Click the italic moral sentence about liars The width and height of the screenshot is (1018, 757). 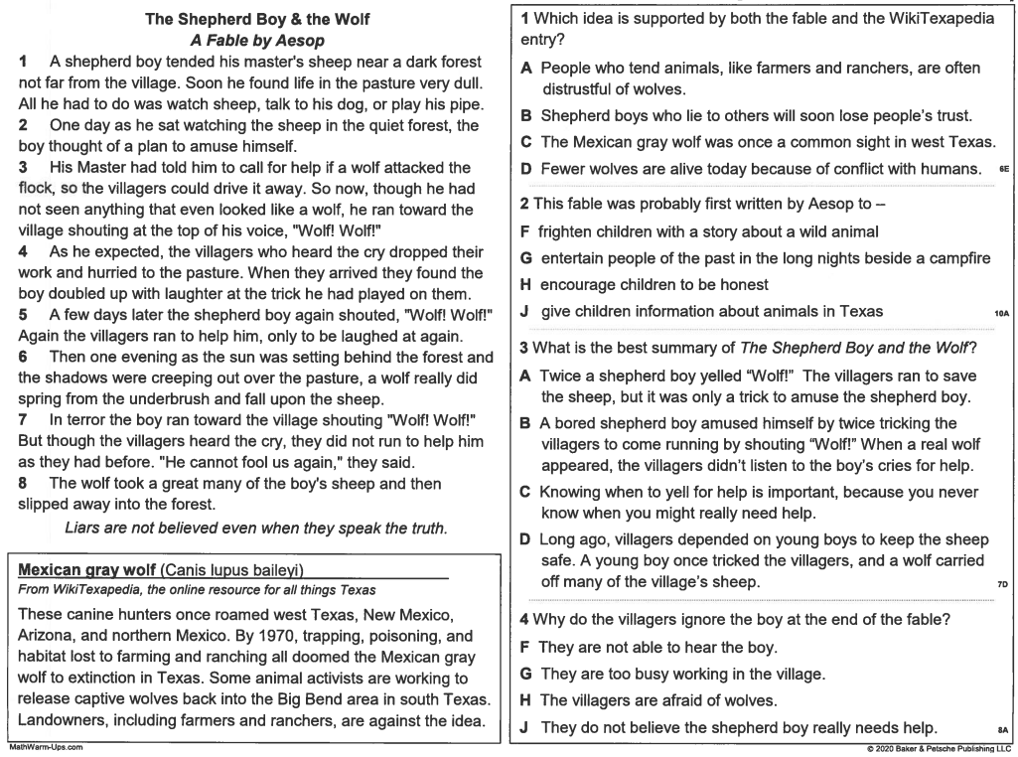tap(254, 528)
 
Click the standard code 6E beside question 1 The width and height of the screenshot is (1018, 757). tap(1003, 170)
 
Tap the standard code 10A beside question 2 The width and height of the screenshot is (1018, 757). tap(1001, 313)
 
